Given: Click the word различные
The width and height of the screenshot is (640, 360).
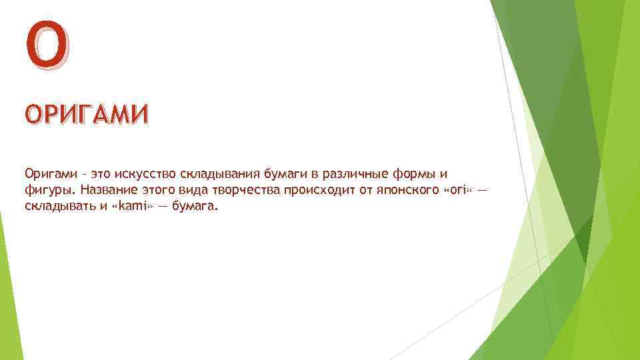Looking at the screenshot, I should click(337, 175).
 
